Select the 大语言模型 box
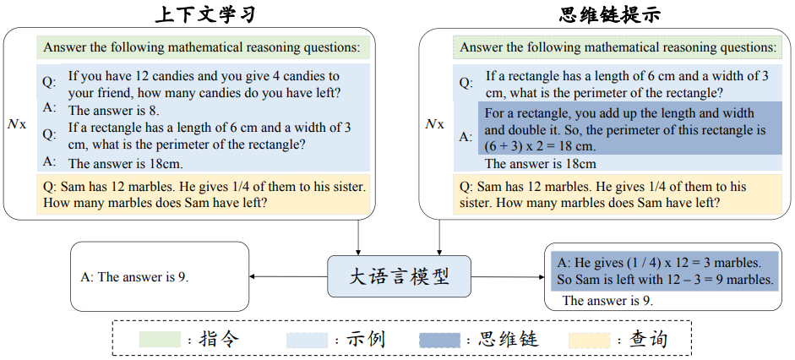coord(399,276)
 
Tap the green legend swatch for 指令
coord(161,340)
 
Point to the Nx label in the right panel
coord(433,124)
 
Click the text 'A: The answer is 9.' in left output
coord(133,276)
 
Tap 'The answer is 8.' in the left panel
coord(114,110)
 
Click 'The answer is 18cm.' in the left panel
coord(126,163)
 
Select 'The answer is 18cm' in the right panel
coord(540,164)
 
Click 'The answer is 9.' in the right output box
coord(607,301)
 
